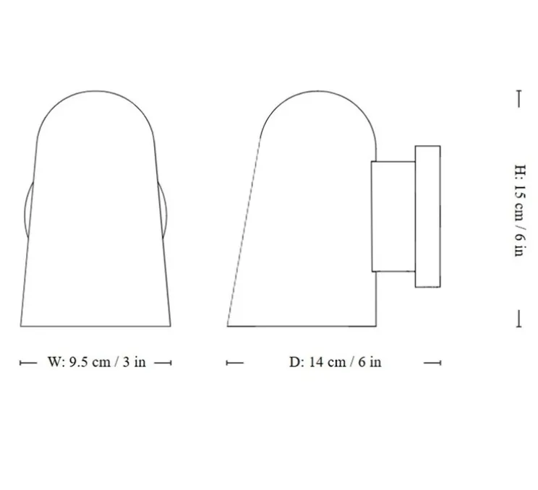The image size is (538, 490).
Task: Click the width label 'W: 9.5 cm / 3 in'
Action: click(x=96, y=362)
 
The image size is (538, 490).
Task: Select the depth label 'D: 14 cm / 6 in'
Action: click(x=335, y=362)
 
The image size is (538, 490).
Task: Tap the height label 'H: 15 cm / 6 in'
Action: click(x=518, y=210)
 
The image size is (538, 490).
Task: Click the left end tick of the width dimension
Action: click(x=20, y=362)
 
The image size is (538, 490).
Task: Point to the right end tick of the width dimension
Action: click(x=171, y=362)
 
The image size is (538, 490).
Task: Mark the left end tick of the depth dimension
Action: click(x=228, y=362)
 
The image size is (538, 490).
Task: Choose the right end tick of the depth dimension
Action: click(x=440, y=362)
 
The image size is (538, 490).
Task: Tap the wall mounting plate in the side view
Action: click(x=427, y=216)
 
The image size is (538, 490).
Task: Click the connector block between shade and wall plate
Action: click(x=393, y=216)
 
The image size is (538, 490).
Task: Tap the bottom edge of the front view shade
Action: click(x=95, y=326)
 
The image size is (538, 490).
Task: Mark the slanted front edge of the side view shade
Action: click(x=243, y=231)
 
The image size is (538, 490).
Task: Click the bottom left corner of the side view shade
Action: click(x=229, y=325)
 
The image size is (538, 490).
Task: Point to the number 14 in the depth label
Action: click(x=316, y=362)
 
